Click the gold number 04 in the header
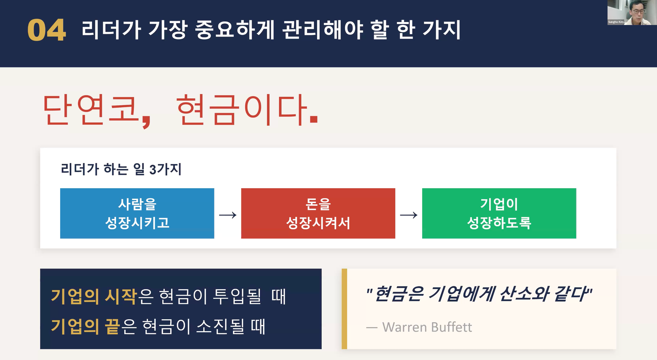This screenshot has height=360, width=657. tap(47, 30)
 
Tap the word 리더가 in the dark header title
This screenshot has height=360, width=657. tap(111, 30)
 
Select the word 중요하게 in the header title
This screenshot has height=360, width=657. tap(235, 30)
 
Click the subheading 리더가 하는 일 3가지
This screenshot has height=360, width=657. tap(121, 169)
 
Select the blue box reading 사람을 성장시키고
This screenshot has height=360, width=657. tap(137, 213)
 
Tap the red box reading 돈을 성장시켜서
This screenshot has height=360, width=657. tap(318, 213)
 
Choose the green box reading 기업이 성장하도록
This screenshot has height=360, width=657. tap(499, 213)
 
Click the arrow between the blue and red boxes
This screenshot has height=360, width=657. tap(228, 215)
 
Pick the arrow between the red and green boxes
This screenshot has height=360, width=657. tap(409, 215)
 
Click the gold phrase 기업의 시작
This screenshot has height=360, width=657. tap(94, 296)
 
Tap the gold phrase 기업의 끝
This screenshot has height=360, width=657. tap(85, 326)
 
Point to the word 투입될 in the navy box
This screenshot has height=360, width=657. tap(237, 296)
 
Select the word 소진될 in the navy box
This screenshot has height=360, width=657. tap(220, 326)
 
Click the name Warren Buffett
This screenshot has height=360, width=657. tap(427, 327)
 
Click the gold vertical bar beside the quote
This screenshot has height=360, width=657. tap(344, 309)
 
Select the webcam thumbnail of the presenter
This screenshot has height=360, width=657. tap(632, 12)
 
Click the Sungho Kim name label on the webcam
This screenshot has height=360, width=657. tap(616, 22)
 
